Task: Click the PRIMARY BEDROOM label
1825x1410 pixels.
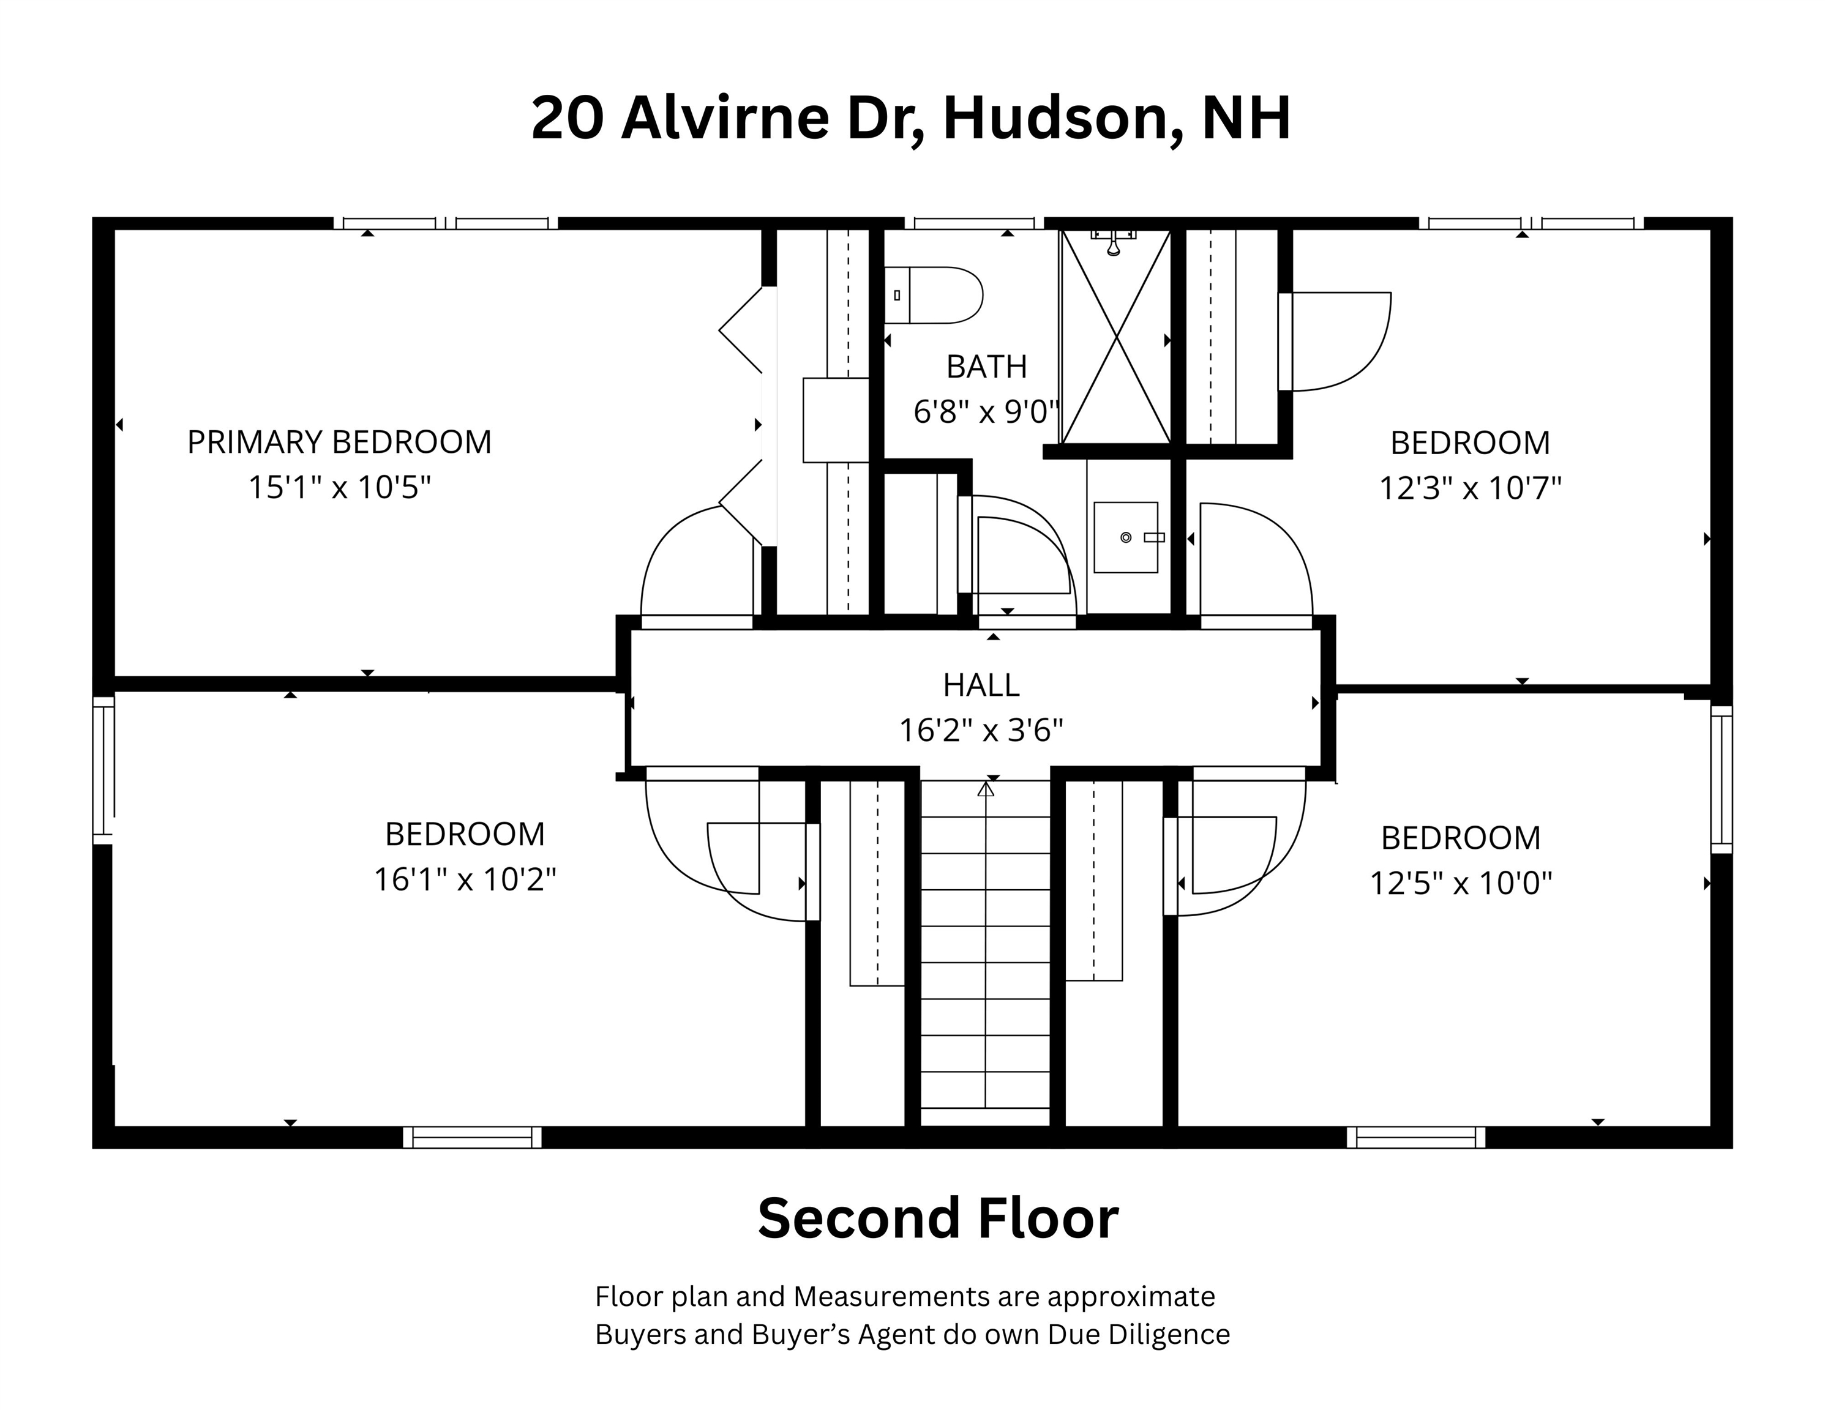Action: (x=339, y=442)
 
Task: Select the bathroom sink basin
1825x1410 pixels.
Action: (x=1126, y=537)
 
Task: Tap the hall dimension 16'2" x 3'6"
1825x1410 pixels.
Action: (x=981, y=731)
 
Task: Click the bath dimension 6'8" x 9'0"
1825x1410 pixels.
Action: (x=987, y=412)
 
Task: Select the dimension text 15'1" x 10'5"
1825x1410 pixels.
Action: (x=339, y=487)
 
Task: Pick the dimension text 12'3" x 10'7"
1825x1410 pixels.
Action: (x=1470, y=488)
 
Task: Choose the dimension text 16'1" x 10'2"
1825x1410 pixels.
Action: (x=465, y=879)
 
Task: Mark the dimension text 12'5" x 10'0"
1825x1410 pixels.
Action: (x=1461, y=883)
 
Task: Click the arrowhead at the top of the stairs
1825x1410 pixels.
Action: (x=986, y=788)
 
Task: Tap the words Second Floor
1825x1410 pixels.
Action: (x=937, y=1218)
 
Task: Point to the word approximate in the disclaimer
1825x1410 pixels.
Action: (x=1131, y=1297)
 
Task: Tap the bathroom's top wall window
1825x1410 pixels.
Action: (x=975, y=223)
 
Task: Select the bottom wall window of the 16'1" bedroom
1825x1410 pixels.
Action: (x=472, y=1138)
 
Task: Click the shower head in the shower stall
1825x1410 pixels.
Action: (x=1113, y=243)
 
